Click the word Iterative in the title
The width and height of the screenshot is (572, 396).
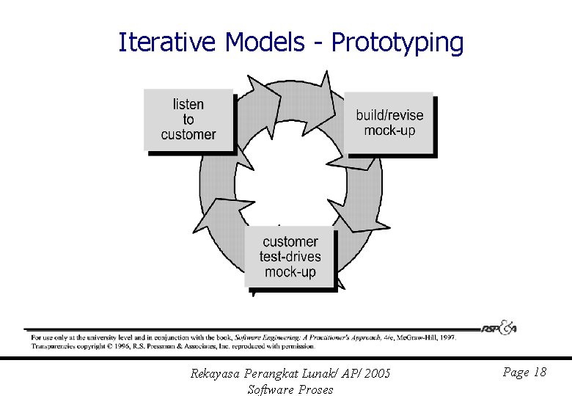coord(168,43)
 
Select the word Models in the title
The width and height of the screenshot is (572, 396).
coord(264,43)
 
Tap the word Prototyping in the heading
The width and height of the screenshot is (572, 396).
coord(397,44)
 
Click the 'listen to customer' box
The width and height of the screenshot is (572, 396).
coord(188,120)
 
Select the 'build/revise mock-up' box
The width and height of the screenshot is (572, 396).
coord(389,122)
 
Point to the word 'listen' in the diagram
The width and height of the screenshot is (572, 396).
coord(188,104)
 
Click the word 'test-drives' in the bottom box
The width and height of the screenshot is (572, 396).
coord(290,257)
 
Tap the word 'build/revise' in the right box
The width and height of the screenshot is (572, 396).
coord(389,114)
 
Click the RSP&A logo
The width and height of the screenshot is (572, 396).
coord(499,328)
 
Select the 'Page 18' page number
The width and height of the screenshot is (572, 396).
coord(524,373)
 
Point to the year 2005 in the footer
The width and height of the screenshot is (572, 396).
coord(376,374)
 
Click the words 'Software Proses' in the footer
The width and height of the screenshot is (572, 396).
coord(290,389)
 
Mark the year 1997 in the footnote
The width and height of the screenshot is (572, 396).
coord(447,338)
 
